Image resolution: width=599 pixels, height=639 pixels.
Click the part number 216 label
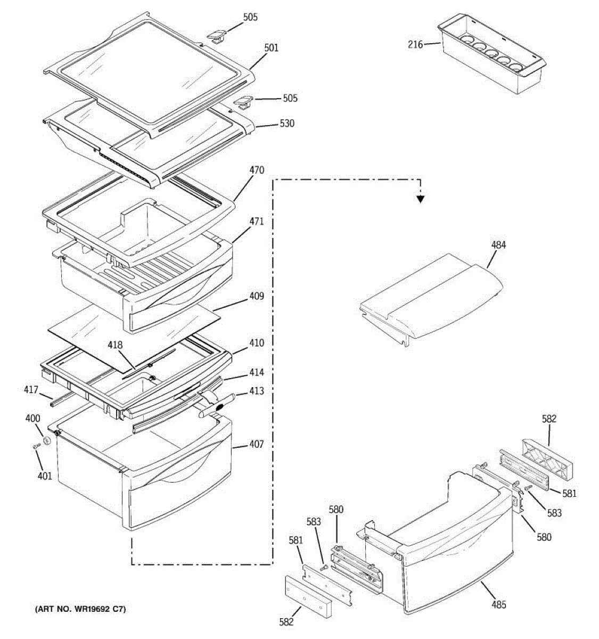pos(415,45)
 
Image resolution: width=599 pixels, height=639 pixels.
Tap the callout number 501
pos(271,48)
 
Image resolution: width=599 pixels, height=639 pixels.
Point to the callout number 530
pos(287,124)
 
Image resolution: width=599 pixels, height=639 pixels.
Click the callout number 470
pos(256,170)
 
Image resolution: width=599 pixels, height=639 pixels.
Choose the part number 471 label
pos(256,222)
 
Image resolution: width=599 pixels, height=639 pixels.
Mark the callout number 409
pos(256,296)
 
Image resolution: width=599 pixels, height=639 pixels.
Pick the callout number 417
pos(31,390)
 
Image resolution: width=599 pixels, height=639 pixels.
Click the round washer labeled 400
pos(47,440)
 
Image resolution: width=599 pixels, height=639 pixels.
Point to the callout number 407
pos(256,444)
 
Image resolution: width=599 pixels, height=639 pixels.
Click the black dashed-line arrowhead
pos(421,199)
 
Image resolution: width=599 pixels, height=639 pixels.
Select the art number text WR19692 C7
pos(81,609)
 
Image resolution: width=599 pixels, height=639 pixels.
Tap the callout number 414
pos(256,373)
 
